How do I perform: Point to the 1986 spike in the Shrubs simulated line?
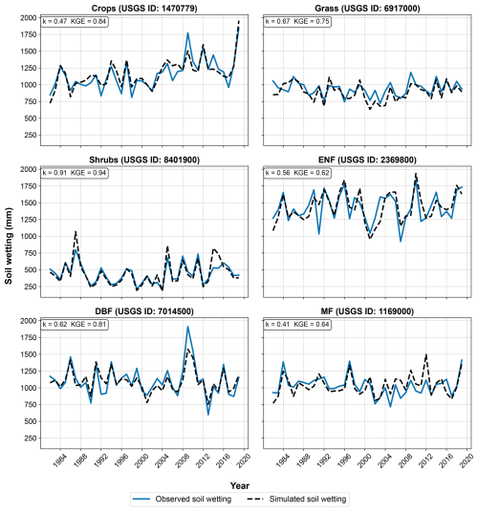pos(76,231)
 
